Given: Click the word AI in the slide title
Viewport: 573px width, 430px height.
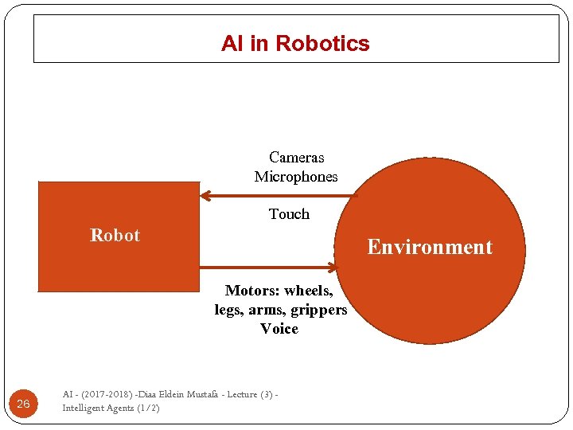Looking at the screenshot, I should [232, 44].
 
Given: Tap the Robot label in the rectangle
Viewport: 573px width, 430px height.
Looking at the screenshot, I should [115, 236].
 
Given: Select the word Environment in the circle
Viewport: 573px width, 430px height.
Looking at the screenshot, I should [430, 247].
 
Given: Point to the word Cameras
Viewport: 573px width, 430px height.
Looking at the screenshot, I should [296, 158].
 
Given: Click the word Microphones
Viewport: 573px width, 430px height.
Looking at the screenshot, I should [296, 177].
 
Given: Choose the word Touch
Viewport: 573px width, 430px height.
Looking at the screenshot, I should [289, 214].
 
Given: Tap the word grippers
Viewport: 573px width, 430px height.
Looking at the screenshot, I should [319, 310].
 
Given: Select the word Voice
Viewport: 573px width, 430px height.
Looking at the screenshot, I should [279, 329].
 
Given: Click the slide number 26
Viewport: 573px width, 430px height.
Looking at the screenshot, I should [23, 405].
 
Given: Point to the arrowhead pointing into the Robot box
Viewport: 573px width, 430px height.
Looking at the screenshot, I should [205, 195].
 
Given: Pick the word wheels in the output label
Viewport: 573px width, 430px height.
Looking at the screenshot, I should [309, 291].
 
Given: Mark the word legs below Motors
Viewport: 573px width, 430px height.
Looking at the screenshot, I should [228, 310].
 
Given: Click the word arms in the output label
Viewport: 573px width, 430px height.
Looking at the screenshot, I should [269, 310].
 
